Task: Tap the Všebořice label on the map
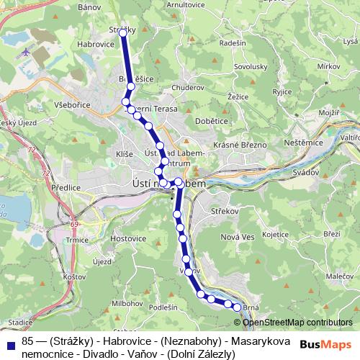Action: click(71, 104)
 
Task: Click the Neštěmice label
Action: click(307, 143)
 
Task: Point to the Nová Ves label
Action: click(238, 237)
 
